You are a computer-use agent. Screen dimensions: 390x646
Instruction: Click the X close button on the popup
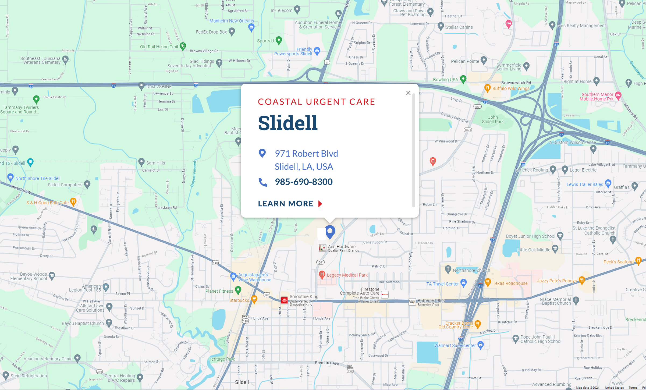point(408,93)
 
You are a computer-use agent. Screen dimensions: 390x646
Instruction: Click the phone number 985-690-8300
point(304,182)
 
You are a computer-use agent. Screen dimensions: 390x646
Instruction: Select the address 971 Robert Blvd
point(306,154)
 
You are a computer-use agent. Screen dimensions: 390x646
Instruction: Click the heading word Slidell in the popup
point(288,123)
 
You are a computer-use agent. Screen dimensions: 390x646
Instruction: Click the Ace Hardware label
point(342,247)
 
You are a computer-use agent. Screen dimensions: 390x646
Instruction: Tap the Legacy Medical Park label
point(347,275)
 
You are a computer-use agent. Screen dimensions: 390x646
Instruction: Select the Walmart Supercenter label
point(455,345)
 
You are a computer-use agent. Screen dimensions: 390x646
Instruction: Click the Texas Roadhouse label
point(510,283)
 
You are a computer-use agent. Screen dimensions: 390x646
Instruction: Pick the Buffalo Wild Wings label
point(511,88)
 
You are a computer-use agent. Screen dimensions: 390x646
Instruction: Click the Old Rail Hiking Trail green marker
point(183,46)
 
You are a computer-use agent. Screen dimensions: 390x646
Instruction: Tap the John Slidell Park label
point(493,119)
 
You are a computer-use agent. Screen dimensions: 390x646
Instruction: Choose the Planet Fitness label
point(219,291)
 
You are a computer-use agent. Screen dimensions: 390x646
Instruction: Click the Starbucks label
point(239,300)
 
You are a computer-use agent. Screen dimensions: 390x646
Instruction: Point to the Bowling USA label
point(445,80)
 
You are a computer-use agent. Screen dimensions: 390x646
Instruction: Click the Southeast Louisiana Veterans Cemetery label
point(41,60)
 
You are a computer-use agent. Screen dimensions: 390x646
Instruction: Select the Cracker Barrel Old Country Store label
point(456,325)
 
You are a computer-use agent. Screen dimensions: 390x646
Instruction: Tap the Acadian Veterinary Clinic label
point(48,359)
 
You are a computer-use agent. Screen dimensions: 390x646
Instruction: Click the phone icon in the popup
point(263,182)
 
